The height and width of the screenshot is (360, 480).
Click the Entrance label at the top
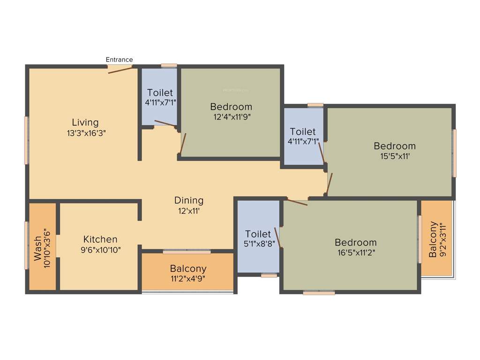click(x=119, y=60)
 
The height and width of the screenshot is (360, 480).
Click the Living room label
click(x=85, y=122)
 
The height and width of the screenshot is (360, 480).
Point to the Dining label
click(x=189, y=201)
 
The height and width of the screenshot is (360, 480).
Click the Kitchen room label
click(x=100, y=240)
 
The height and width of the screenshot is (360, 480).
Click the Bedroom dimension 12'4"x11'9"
click(x=231, y=117)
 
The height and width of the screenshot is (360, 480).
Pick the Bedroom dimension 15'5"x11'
click(x=394, y=157)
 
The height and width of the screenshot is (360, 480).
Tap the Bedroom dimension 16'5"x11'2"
click(x=355, y=252)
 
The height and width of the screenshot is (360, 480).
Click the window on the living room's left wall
click(x=27, y=140)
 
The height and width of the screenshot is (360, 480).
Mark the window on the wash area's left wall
click(x=27, y=245)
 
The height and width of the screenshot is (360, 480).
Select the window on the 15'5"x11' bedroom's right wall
click(x=453, y=153)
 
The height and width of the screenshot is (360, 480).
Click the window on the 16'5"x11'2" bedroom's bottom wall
click(x=319, y=293)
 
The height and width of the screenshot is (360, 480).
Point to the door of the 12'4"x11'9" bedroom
click(x=183, y=144)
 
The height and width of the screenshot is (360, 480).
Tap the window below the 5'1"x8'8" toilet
click(x=269, y=276)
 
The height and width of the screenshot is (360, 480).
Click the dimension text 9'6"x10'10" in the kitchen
click(x=100, y=250)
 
